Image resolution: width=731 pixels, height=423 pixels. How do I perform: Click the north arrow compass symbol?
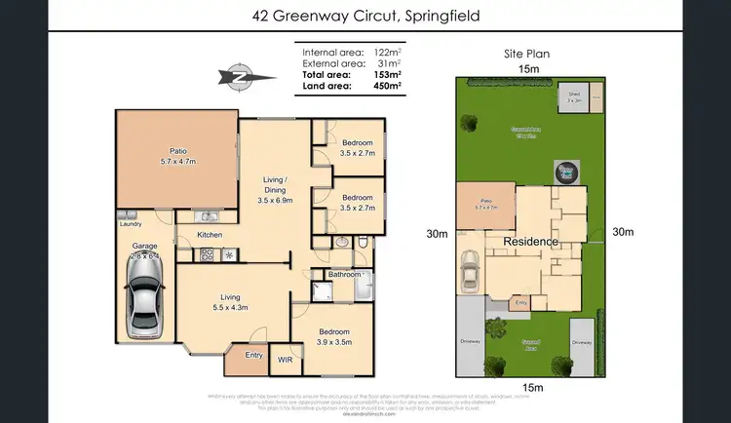235,74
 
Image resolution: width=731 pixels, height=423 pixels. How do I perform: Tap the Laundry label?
132,224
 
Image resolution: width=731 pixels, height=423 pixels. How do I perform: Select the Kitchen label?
211,235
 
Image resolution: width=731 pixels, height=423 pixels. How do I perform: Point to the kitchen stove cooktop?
207,255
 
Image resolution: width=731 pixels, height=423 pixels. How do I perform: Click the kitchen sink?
208,215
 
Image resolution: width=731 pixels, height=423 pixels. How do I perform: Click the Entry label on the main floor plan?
254,355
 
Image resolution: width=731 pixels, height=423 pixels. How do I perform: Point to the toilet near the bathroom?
363,242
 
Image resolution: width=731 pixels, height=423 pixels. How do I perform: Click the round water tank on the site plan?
566,172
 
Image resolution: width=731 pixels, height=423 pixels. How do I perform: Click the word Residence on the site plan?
531,241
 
